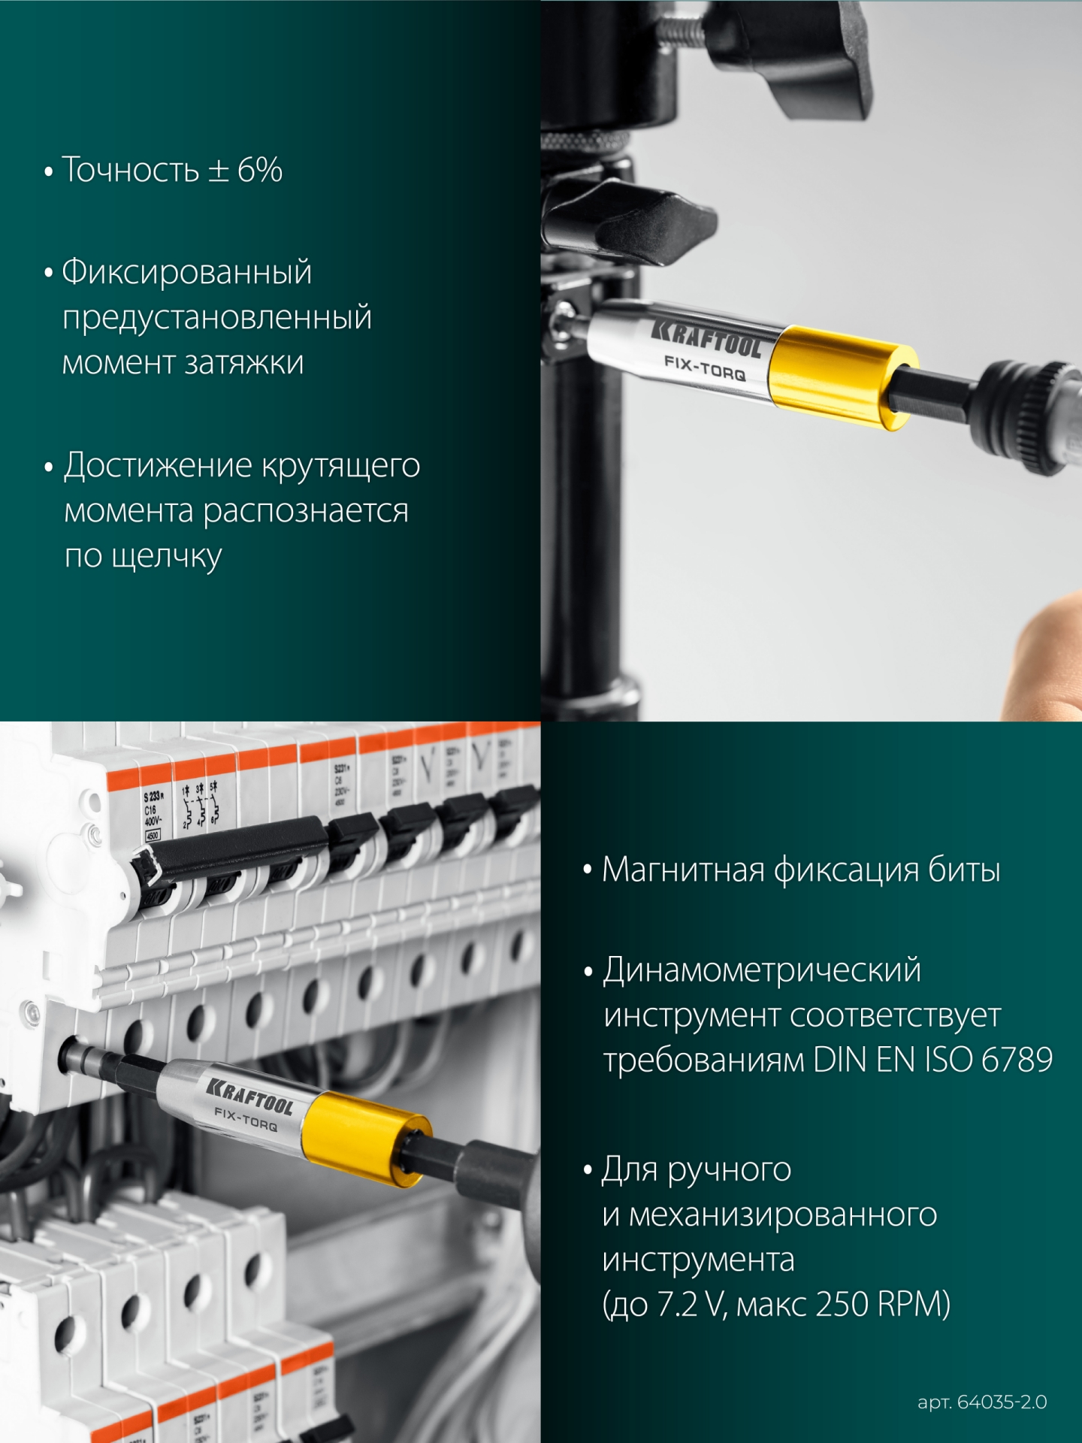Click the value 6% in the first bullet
(260, 170)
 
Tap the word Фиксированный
(186, 271)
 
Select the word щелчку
(166, 557)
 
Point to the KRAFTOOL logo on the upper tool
(706, 337)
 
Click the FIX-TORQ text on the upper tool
(704, 368)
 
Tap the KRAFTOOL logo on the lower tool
(250, 1097)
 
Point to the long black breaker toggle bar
(233, 849)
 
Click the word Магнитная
(683, 870)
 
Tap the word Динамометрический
(762, 970)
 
